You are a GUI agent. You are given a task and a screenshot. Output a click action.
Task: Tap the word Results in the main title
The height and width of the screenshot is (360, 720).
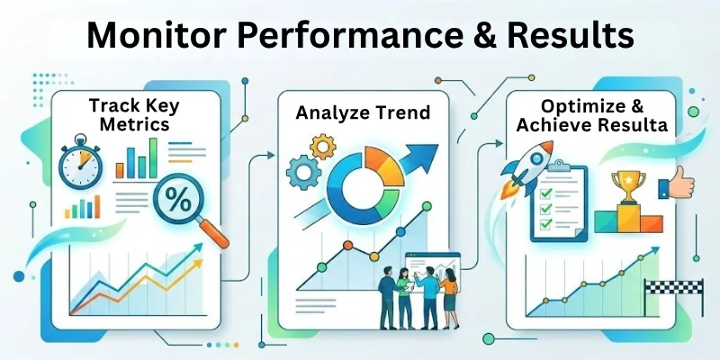pyautogui.click(x=557, y=37)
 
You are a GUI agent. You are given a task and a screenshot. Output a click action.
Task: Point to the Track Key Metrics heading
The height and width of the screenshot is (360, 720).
pyautogui.click(x=128, y=114)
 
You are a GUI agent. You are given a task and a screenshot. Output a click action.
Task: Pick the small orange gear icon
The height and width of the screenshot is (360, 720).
pyautogui.click(x=320, y=143)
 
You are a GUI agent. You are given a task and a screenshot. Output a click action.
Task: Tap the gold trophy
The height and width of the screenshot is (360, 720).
pyautogui.click(x=624, y=185)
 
